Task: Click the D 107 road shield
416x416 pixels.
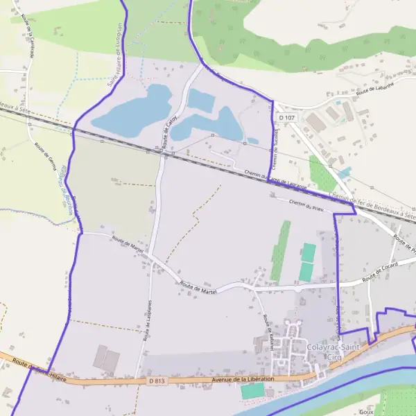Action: (x=287, y=119)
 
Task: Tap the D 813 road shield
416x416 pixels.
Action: (x=156, y=381)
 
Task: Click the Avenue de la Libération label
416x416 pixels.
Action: (x=244, y=379)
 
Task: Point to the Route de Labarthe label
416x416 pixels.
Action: (x=374, y=91)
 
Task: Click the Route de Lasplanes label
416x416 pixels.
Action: (x=148, y=320)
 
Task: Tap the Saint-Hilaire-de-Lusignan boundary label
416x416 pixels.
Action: (x=115, y=55)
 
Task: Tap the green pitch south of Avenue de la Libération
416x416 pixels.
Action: (x=253, y=391)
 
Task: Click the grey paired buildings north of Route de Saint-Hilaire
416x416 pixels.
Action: (x=106, y=357)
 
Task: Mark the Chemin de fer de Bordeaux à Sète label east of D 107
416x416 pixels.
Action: (x=374, y=207)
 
